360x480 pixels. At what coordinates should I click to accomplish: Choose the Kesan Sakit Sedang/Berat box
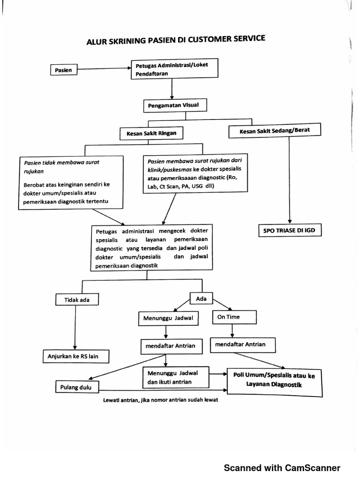pos(274,131)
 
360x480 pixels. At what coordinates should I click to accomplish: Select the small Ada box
pos(201,298)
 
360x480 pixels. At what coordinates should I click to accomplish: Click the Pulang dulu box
pos(72,388)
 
